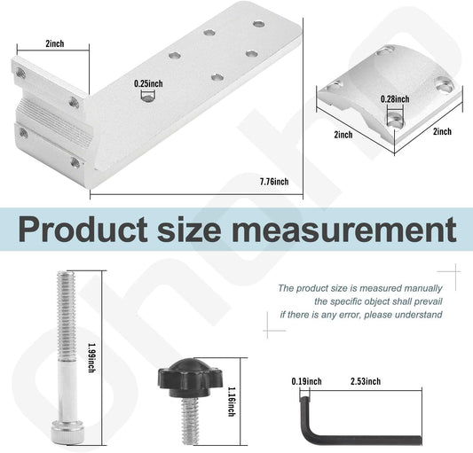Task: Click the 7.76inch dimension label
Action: point(274,182)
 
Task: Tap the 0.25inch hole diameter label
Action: point(148,83)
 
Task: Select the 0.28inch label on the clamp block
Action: point(394,98)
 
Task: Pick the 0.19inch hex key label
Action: point(307,382)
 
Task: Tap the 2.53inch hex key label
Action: point(367,382)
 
